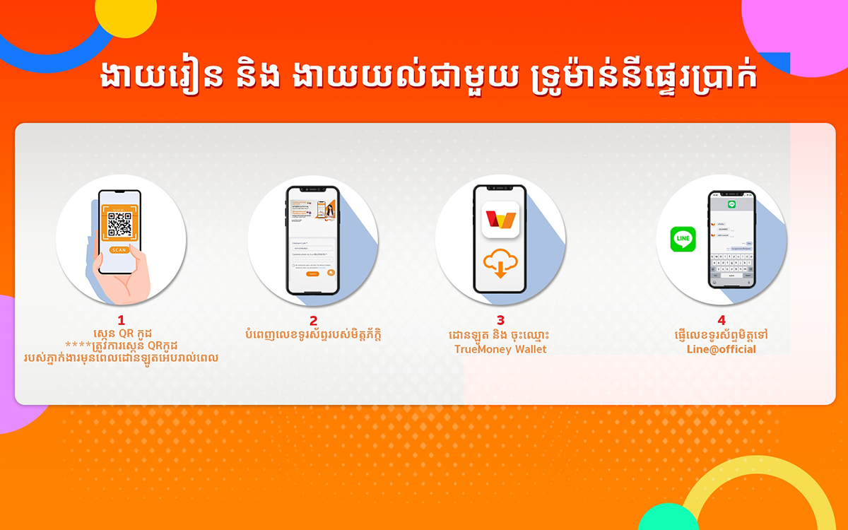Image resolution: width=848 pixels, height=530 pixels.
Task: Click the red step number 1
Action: click(x=121, y=320)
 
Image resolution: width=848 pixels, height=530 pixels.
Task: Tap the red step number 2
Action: click(x=313, y=320)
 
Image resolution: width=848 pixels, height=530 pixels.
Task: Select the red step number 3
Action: click(x=500, y=320)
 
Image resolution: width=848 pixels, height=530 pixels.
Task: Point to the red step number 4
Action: click(x=722, y=320)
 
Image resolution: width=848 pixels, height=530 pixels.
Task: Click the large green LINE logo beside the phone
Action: click(x=683, y=239)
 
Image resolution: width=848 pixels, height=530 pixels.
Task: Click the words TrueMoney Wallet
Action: click(x=500, y=349)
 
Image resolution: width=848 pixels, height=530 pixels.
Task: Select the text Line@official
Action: click(x=722, y=349)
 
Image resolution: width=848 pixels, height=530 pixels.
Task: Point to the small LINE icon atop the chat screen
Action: click(x=732, y=204)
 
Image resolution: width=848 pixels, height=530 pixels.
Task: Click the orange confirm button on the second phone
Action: click(x=312, y=273)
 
